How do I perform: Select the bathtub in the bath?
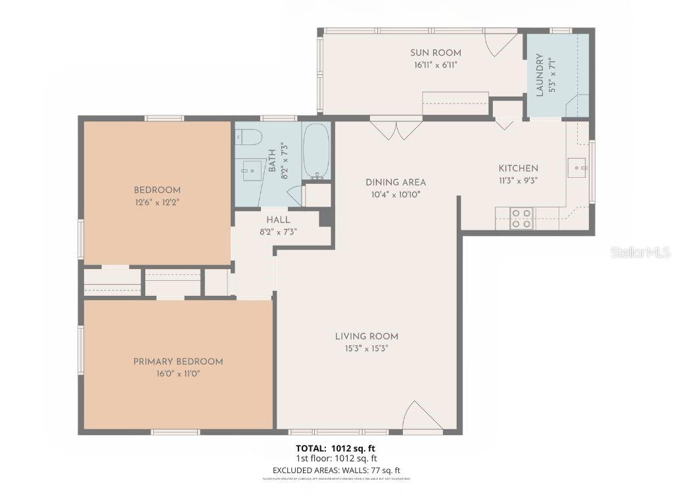click(316, 151)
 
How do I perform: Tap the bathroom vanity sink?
click(251, 170)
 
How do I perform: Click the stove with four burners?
click(522, 219)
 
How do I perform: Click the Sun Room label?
click(436, 53)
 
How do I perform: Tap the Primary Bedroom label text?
click(178, 362)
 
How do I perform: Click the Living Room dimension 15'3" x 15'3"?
click(367, 349)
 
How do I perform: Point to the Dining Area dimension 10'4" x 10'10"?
click(396, 194)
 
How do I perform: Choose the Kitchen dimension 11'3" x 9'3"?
click(518, 180)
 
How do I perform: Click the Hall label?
click(278, 220)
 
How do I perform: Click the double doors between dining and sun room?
click(396, 129)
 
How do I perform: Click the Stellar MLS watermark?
click(639, 252)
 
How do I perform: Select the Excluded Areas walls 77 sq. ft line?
click(336, 470)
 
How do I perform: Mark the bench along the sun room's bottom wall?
click(455, 104)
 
